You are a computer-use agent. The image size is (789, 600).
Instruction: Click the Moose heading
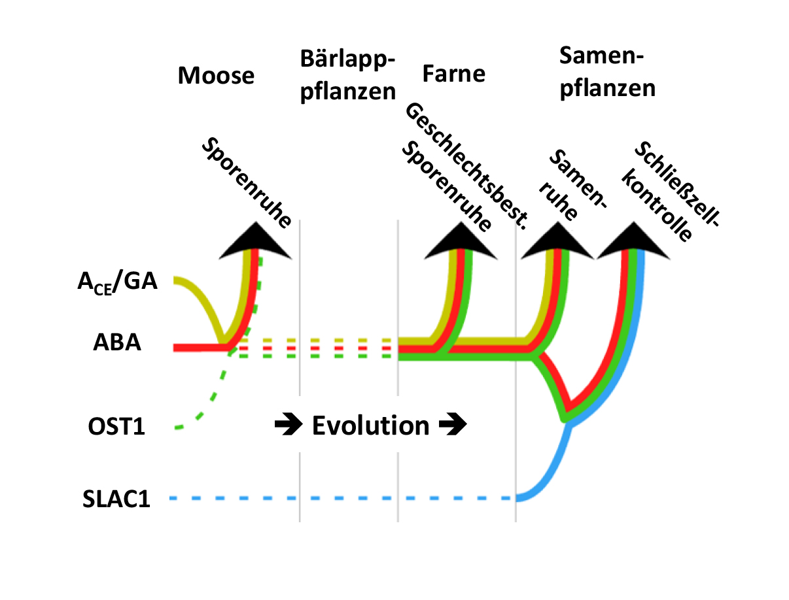[x=216, y=76]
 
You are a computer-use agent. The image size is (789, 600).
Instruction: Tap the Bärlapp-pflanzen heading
[x=348, y=75]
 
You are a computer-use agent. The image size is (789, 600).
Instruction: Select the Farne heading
[x=453, y=73]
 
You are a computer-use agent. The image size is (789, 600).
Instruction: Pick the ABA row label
[x=117, y=343]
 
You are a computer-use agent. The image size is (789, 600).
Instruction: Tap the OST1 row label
[x=116, y=428]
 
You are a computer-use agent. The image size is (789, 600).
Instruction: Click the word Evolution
[x=370, y=425]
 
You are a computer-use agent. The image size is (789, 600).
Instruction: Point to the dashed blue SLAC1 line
[x=340, y=499]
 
